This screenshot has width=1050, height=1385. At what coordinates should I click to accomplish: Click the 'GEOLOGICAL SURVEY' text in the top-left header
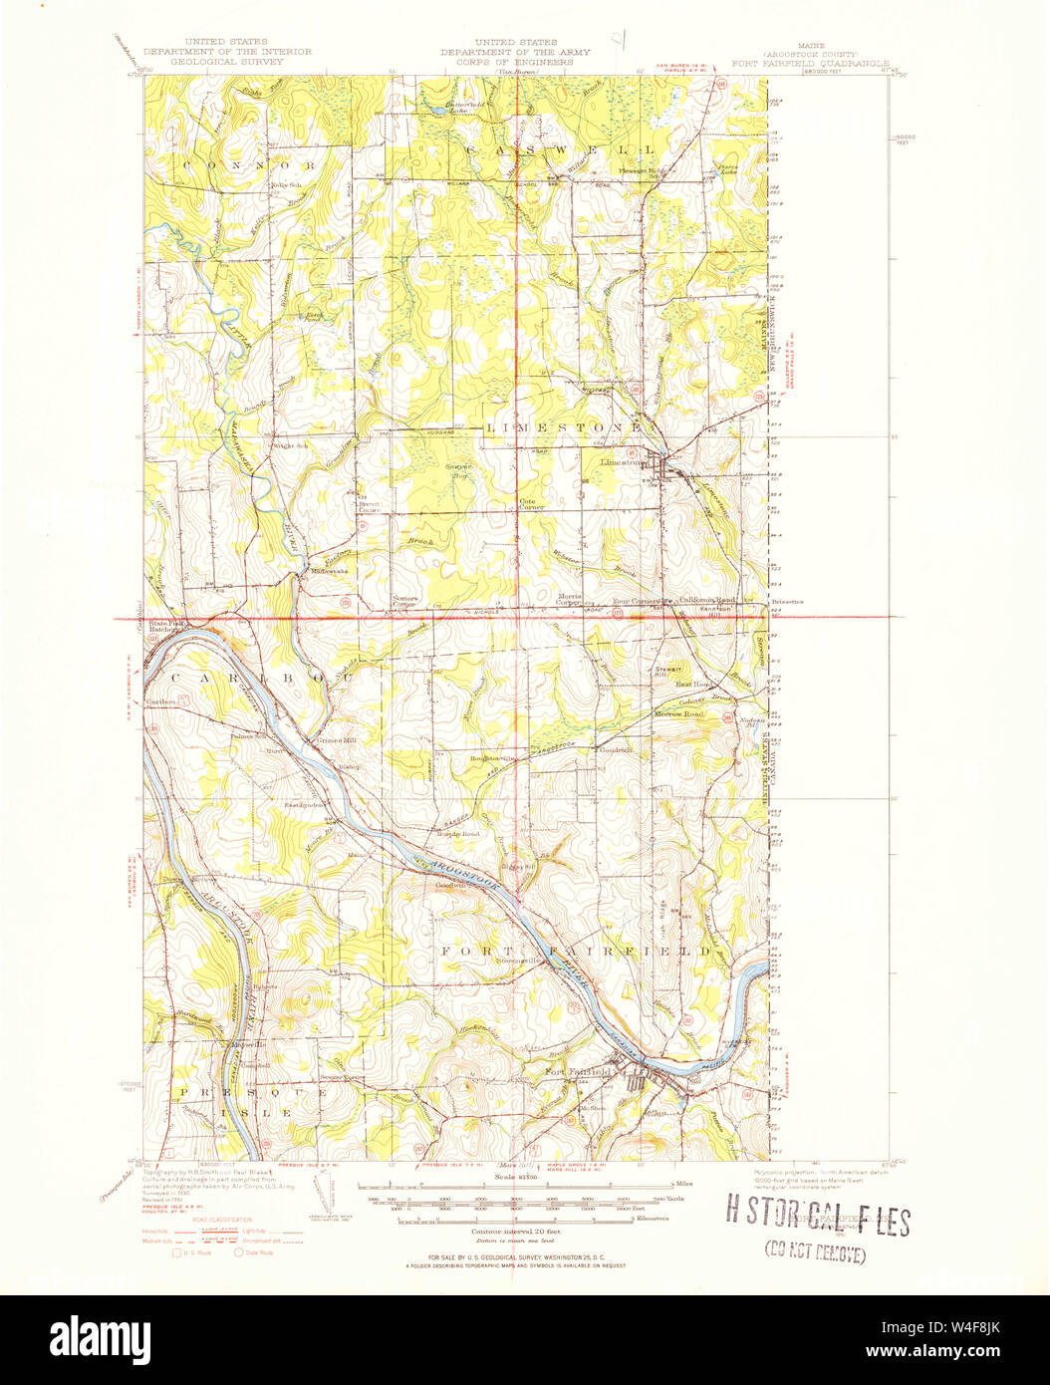tap(227, 61)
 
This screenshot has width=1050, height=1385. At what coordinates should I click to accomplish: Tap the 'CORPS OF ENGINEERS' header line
tap(515, 62)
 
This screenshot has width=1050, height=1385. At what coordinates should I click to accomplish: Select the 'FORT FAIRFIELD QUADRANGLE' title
tap(810, 61)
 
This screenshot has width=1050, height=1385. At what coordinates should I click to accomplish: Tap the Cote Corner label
tap(531, 504)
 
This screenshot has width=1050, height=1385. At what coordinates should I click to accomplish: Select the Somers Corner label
tap(403, 602)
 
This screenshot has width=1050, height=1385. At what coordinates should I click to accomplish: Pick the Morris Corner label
tap(569, 600)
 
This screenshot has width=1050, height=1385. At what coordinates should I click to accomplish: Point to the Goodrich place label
tap(616, 750)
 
